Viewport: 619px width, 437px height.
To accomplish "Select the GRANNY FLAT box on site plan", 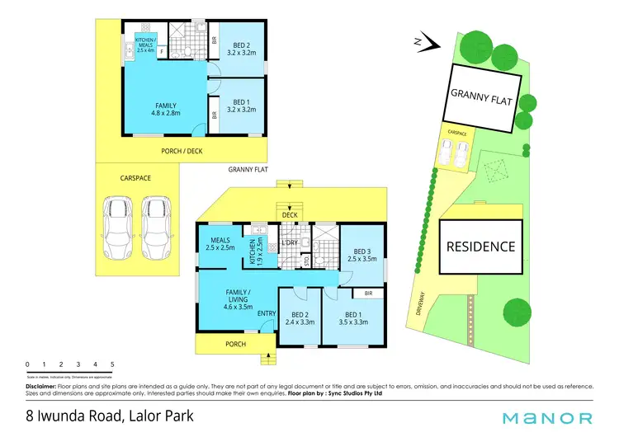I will pos(482,96).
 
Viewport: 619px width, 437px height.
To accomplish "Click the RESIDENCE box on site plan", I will pos(480,247).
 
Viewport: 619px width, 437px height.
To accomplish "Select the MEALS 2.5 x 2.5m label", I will pos(220,242).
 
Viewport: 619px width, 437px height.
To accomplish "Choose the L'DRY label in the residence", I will pos(290,243).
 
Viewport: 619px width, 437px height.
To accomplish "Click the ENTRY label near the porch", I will pos(267,312).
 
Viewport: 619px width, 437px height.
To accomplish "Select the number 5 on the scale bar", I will pos(112,364).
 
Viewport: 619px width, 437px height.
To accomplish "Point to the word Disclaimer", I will pos(40,385).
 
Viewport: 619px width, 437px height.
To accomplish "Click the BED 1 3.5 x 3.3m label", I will pos(353,317).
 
